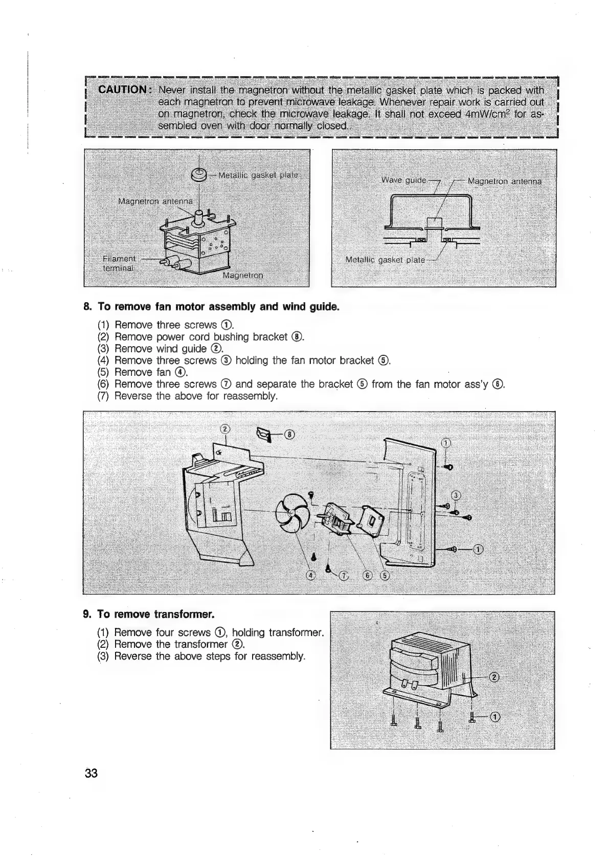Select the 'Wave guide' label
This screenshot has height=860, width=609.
point(404,180)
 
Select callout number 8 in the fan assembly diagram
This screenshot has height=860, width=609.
point(289,435)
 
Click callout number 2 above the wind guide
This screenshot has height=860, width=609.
point(224,429)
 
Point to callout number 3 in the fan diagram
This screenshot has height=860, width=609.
point(457,495)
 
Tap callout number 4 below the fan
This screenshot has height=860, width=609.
point(310,576)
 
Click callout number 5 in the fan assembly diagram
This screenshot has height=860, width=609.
point(385,576)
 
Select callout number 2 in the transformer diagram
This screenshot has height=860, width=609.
point(493,678)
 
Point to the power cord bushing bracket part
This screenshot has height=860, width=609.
point(264,435)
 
